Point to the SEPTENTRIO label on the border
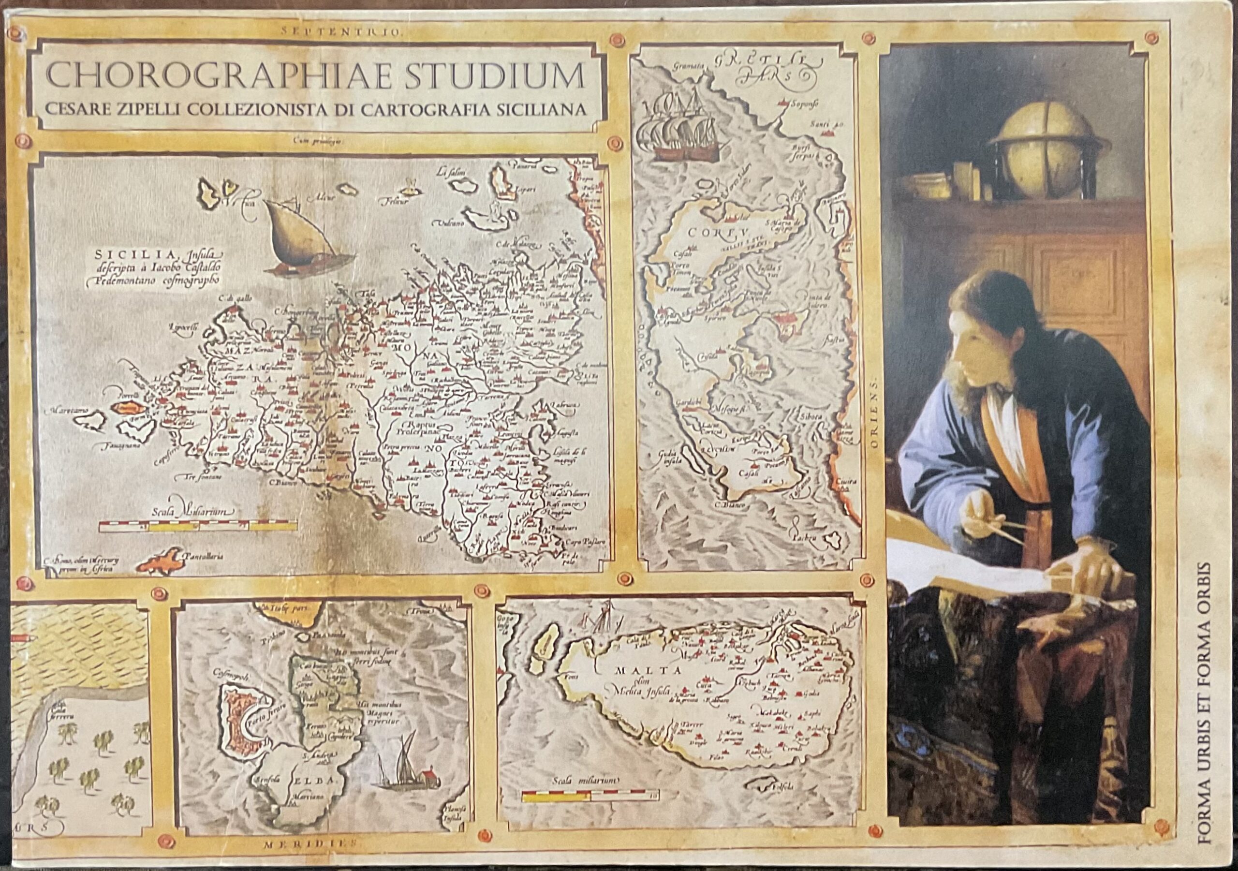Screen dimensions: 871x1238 pos(342,31)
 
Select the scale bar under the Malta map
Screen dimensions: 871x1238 pos(590,795)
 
